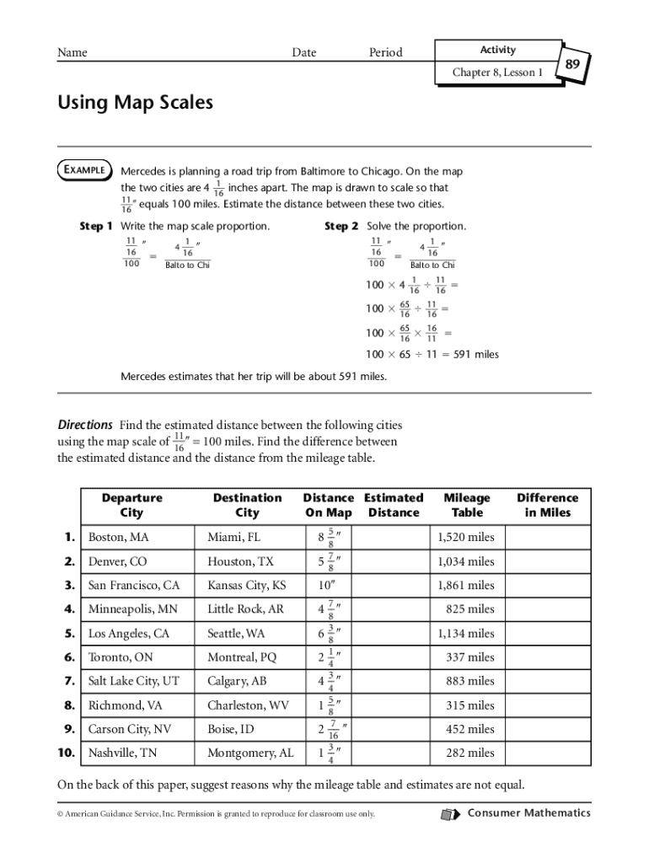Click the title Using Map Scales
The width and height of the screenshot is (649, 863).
135,103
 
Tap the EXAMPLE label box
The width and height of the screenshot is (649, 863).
83,170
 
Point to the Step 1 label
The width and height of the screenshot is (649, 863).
95,226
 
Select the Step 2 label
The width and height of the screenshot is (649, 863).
341,226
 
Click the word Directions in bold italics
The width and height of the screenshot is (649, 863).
84,425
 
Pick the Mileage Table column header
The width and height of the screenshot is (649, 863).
466,505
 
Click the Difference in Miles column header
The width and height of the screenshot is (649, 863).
547,505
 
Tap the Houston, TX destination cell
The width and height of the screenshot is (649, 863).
240,561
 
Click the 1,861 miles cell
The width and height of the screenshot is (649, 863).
466,585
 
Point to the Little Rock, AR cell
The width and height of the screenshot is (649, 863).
245,609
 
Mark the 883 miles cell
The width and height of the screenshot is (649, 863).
469,681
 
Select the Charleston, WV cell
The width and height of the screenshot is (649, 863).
248,705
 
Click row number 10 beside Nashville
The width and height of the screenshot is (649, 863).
69,753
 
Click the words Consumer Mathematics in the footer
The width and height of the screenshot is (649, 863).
528,813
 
